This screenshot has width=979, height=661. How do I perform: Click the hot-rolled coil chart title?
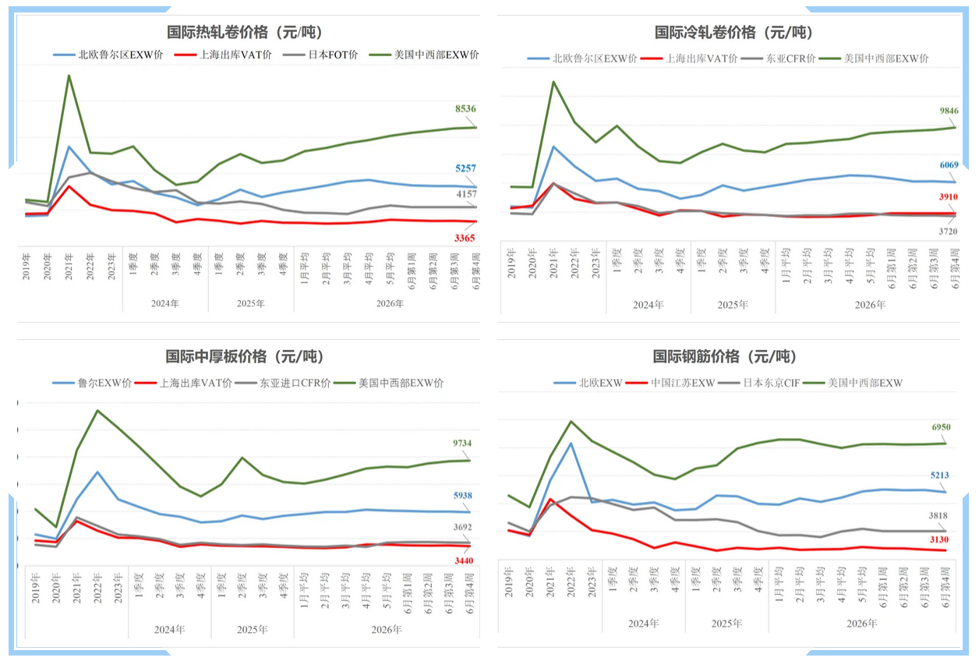pyautogui.click(x=244, y=32)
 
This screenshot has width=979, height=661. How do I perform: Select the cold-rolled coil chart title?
pyautogui.click(x=733, y=33)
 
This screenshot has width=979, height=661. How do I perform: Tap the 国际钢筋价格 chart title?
pyautogui.click(x=724, y=356)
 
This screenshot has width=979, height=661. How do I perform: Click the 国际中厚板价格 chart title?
pyautogui.click(x=244, y=356)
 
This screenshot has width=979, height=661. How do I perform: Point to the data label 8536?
pyautogui.click(x=465, y=108)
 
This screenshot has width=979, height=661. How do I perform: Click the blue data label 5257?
pyautogui.click(x=465, y=168)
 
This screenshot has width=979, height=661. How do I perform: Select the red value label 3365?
pyautogui.click(x=464, y=238)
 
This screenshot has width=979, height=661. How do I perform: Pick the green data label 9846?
pyautogui.click(x=949, y=111)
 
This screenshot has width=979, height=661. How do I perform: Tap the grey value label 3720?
pyautogui.click(x=948, y=232)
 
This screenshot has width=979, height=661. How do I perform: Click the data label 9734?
pyautogui.click(x=462, y=443)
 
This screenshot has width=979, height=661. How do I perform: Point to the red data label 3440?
pyautogui.click(x=464, y=560)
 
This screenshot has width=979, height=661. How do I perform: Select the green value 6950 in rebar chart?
pyautogui.click(x=941, y=426)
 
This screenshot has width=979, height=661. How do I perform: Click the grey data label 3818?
pyautogui.click(x=938, y=515)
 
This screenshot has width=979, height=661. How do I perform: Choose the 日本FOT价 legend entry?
pyautogui.click(x=320, y=55)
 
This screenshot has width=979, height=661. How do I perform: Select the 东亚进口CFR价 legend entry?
pyautogui.click(x=283, y=383)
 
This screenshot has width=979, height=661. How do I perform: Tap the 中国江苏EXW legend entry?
pyautogui.click(x=670, y=383)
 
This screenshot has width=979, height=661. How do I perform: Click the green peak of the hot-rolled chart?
pyautogui.click(x=69, y=75)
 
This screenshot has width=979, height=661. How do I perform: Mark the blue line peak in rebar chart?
pyautogui.click(x=571, y=444)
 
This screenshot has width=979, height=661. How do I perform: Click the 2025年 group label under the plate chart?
pyautogui.click(x=253, y=629)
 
